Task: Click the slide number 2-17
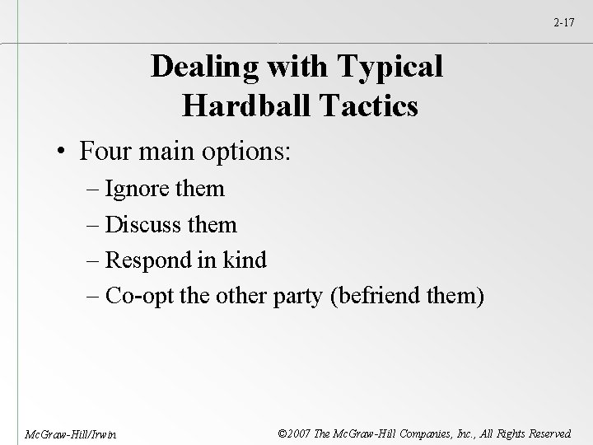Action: click(565, 22)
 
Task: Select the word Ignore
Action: click(142, 189)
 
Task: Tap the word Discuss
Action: click(149, 224)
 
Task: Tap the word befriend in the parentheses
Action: click(377, 296)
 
